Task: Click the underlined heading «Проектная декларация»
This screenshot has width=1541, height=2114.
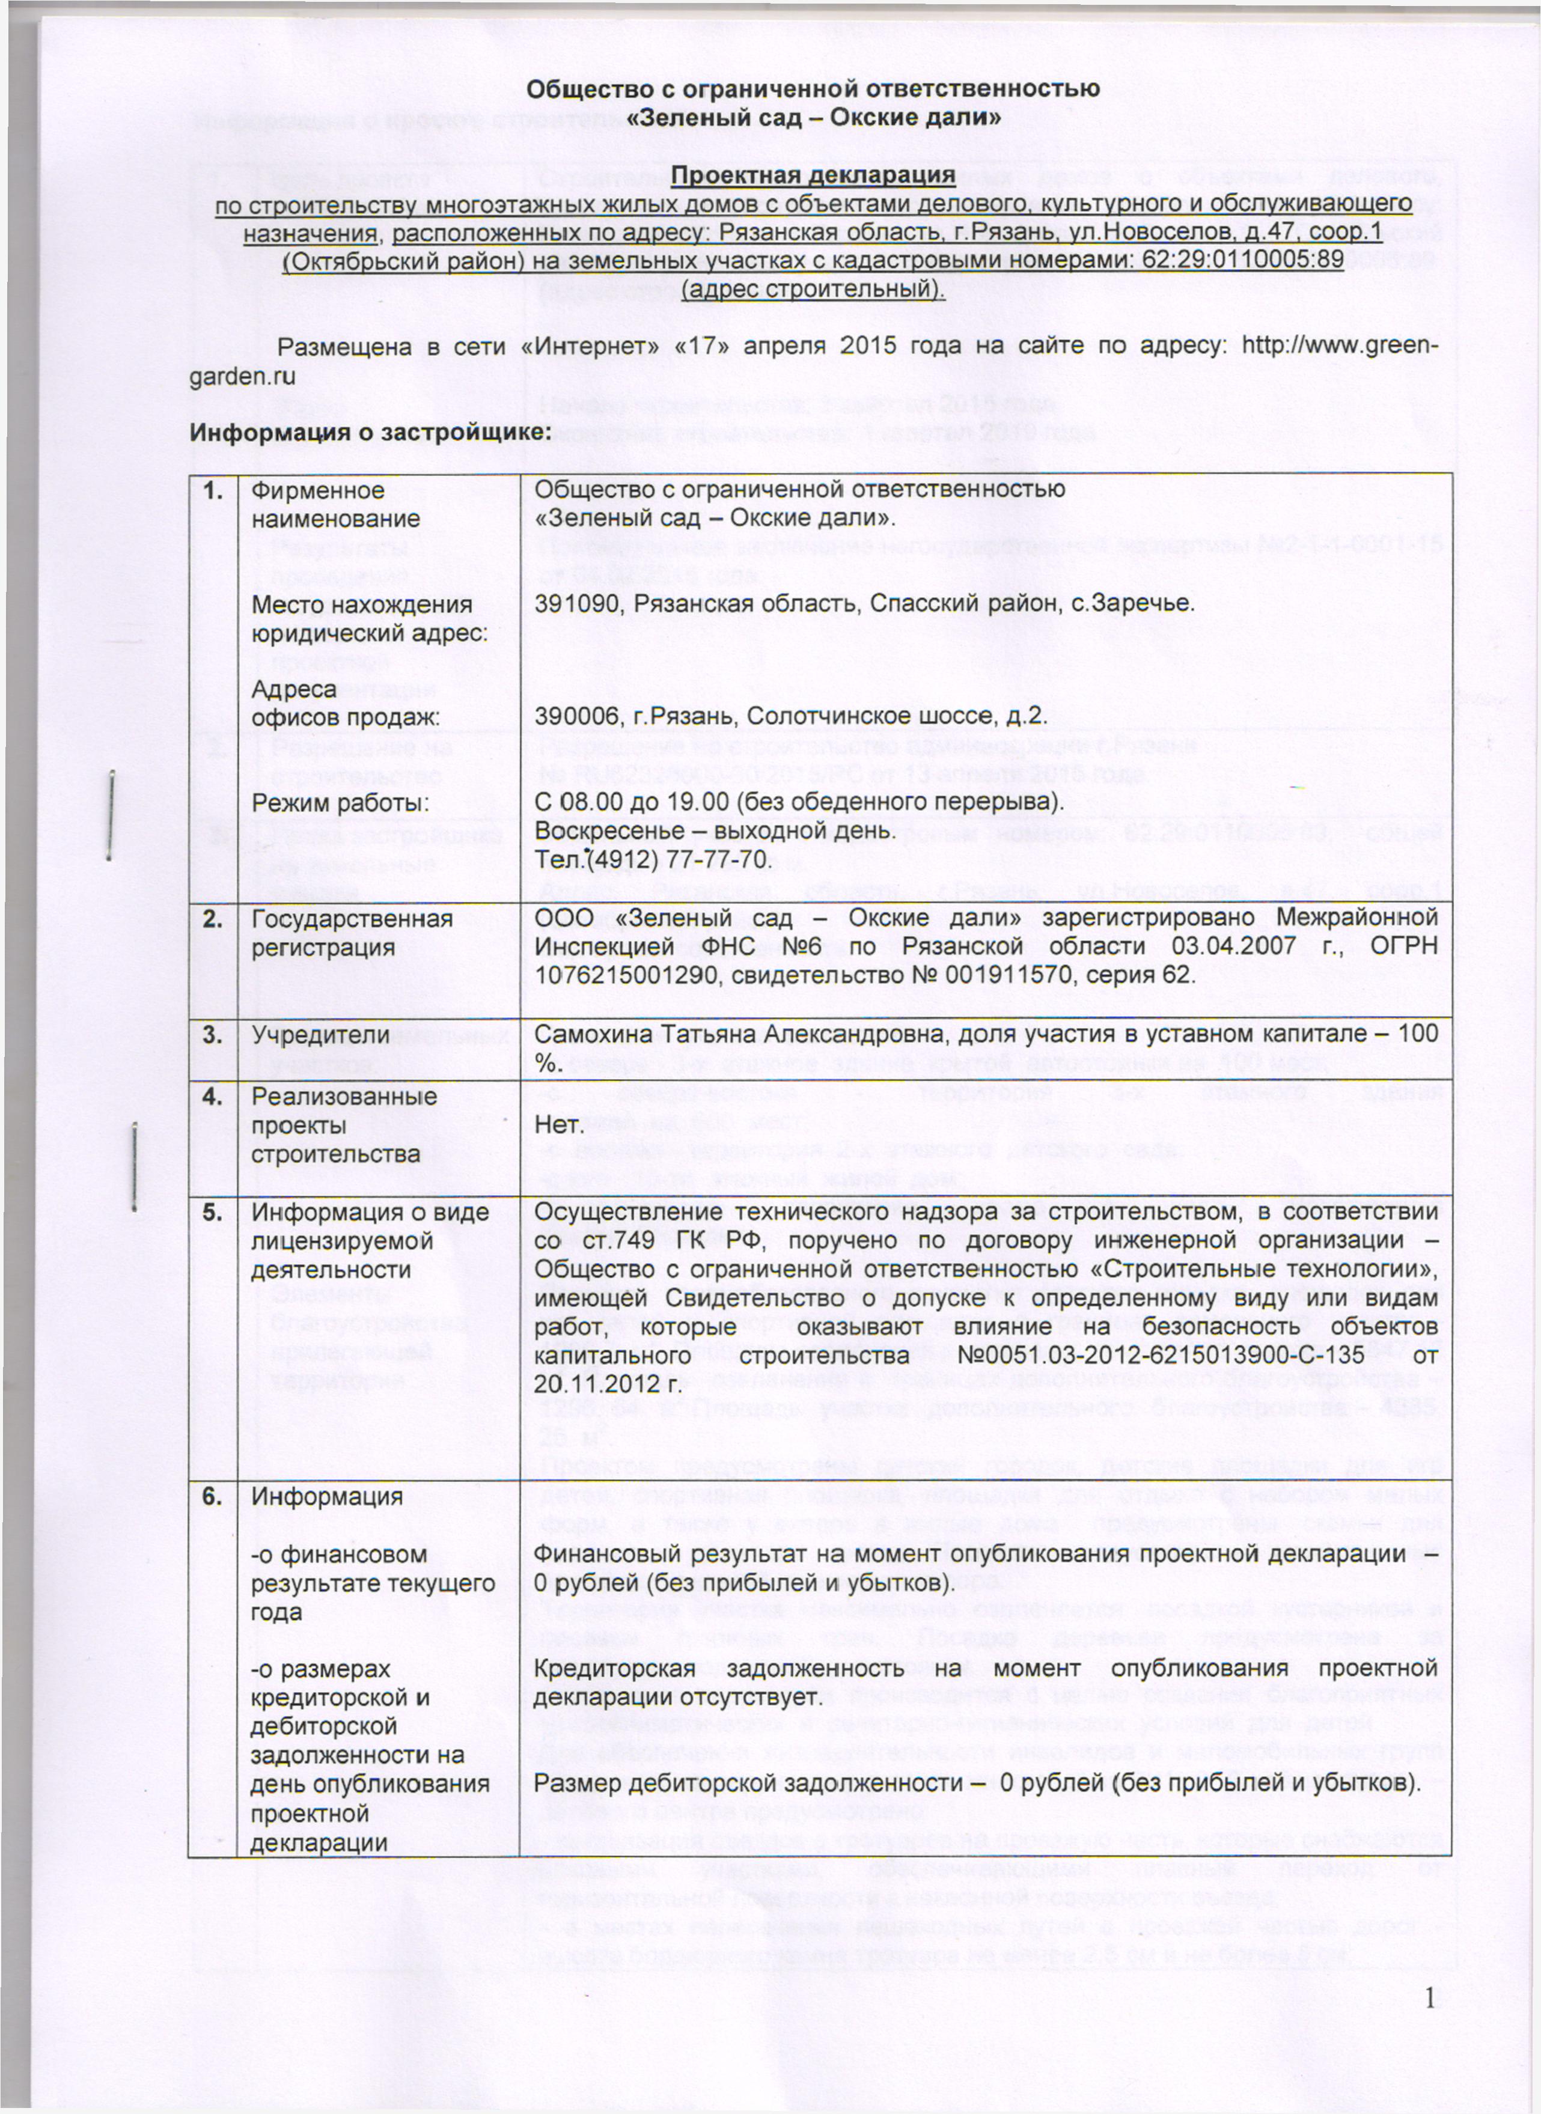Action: (813, 175)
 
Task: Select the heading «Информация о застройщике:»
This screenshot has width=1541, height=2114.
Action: (370, 434)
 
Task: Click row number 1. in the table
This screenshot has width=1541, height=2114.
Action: (213, 490)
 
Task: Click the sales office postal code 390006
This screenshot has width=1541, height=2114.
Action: (578, 717)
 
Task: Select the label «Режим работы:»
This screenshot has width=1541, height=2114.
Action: (340, 803)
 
